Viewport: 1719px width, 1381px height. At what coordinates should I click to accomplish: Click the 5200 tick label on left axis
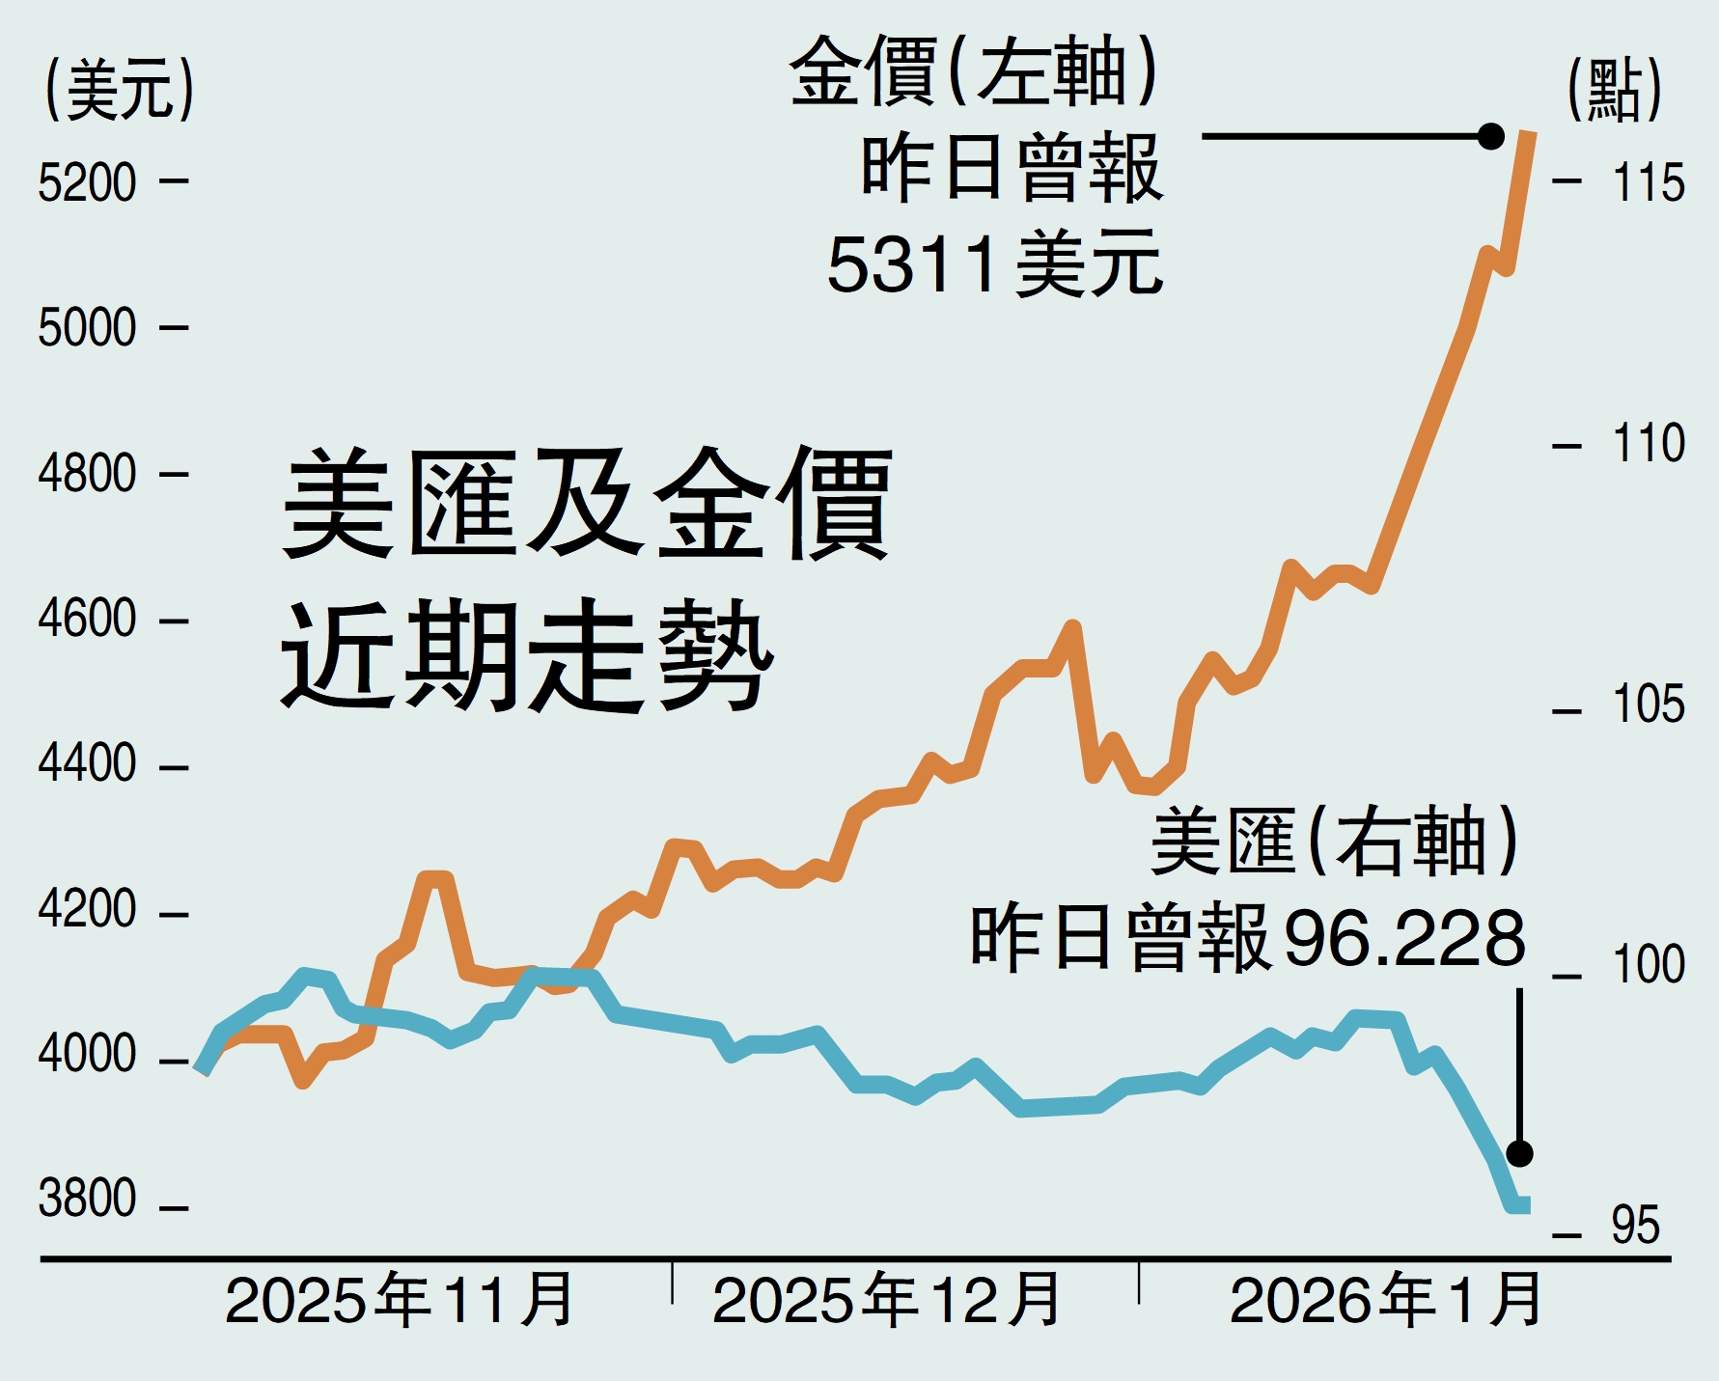pos(87,182)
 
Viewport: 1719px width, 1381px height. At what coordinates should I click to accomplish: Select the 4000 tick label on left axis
pos(87,1055)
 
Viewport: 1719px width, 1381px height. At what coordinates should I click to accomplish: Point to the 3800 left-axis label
pos(87,1200)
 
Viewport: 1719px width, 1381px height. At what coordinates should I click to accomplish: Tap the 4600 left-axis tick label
pos(87,619)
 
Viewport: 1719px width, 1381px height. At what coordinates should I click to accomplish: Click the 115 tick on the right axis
pos(1648,182)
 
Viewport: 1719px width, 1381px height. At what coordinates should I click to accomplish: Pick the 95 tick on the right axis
pos(1635,1226)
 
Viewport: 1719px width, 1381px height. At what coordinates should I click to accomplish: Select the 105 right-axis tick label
pos(1648,704)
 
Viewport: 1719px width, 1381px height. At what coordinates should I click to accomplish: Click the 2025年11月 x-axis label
pos(400,1302)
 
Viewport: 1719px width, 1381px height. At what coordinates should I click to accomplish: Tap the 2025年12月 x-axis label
pos(886,1302)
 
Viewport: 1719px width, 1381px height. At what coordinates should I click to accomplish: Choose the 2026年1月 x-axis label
pos(1386,1302)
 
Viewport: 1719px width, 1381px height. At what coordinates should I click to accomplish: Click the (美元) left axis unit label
pos(120,89)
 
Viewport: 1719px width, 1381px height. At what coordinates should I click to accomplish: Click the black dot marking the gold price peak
pos(1491,136)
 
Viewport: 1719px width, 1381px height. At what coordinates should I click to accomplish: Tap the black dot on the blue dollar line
pos(1519,1153)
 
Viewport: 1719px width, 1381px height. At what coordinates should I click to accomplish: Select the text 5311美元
pos(994,264)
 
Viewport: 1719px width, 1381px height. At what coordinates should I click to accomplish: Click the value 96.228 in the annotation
pos(1404,938)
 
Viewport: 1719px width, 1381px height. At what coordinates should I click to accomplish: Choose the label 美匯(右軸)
pos(1335,842)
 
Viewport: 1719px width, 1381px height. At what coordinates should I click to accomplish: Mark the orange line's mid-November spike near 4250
pos(434,878)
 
